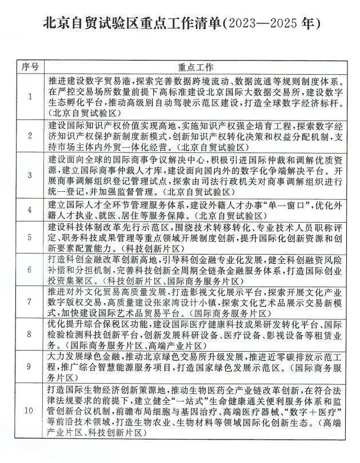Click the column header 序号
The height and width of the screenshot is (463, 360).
pyautogui.click(x=30, y=66)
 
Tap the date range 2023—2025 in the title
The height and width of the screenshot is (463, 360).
pyautogui.click(x=269, y=24)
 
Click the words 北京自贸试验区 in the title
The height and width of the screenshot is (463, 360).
pyautogui.click(x=91, y=24)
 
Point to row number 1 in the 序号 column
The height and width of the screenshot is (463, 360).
pyautogui.click(x=30, y=96)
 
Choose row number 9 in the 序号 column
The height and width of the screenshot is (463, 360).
pyautogui.click(x=30, y=365)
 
